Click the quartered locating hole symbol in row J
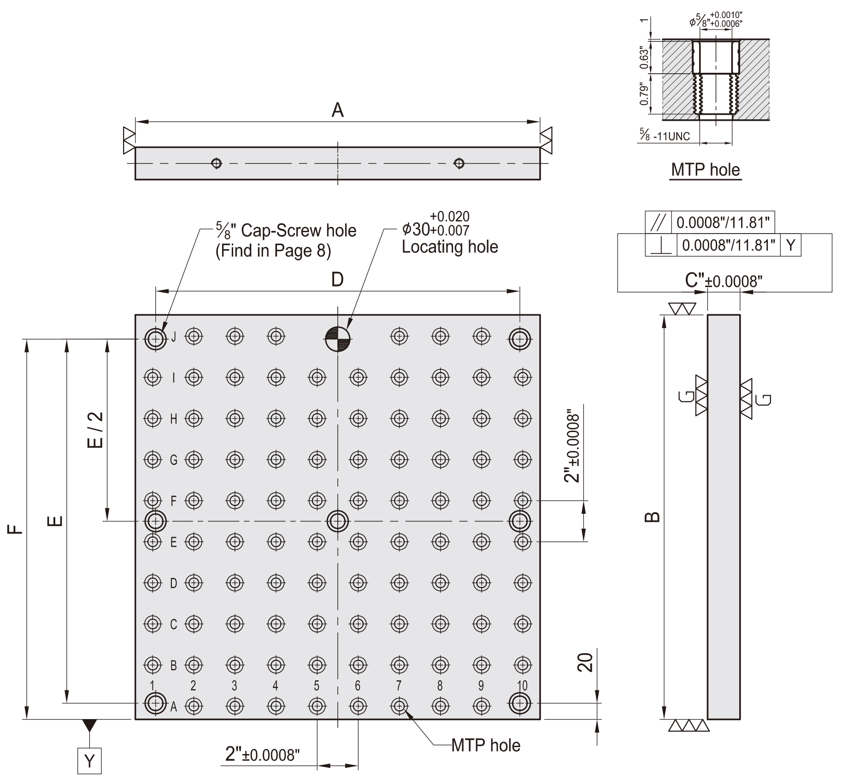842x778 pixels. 338,339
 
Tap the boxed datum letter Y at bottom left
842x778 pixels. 89,761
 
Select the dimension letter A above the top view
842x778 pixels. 338,111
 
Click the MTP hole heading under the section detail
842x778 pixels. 705,170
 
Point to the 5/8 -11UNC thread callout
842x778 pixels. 665,135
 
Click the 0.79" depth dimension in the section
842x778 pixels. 644,94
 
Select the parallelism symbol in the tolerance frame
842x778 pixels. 659,223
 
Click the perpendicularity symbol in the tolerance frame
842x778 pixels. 661,246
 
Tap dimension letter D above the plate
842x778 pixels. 338,279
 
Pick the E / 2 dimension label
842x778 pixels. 95,430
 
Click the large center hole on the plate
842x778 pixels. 338,521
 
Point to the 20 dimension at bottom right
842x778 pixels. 585,662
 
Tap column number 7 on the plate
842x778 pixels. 399,686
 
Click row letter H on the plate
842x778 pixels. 174,419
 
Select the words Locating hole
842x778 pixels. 449,247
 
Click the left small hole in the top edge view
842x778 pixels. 216,163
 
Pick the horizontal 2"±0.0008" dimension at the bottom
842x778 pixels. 262,755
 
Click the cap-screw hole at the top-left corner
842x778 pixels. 155,339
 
